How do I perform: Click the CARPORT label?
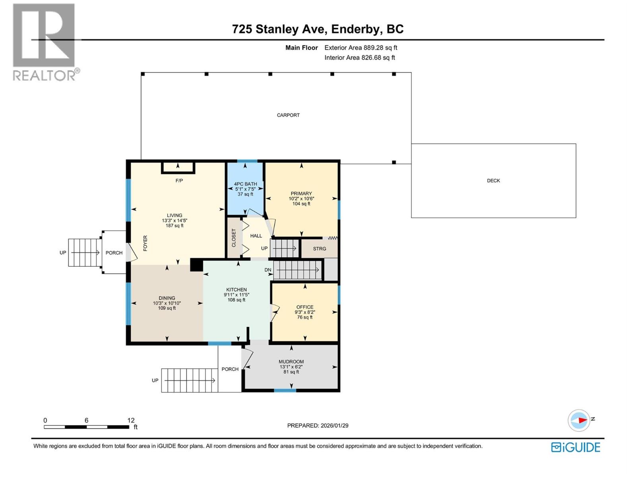(288, 115)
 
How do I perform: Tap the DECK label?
(493, 180)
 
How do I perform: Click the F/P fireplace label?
(179, 181)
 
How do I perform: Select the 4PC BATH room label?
(245, 184)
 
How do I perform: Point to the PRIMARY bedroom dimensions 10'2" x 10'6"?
(301, 199)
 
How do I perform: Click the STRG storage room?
(319, 249)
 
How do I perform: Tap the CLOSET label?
(234, 238)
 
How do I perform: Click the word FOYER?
(145, 243)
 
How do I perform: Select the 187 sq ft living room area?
(175, 226)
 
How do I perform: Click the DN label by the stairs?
(268, 270)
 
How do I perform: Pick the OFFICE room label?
(305, 307)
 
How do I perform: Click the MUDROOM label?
(291, 362)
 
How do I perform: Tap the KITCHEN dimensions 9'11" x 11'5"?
(237, 295)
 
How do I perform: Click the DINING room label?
(167, 298)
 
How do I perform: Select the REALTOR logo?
(45, 42)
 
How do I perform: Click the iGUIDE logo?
(575, 447)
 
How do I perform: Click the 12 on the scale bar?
(131, 420)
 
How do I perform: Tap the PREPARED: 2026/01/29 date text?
(318, 425)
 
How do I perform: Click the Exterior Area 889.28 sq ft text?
(361, 48)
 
